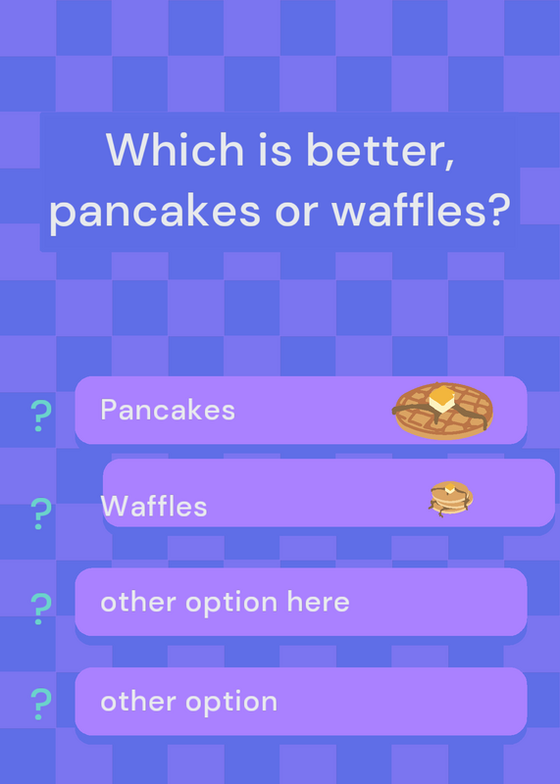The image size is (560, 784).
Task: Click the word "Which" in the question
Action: (x=175, y=149)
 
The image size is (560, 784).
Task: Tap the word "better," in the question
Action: (x=381, y=151)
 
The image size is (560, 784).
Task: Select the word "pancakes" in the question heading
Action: (x=155, y=211)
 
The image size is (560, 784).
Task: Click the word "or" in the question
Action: (x=296, y=213)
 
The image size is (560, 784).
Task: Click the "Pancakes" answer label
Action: (x=168, y=410)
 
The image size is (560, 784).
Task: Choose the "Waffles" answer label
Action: (x=154, y=506)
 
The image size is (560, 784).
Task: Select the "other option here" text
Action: (x=225, y=602)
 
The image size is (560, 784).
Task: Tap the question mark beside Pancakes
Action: (x=41, y=416)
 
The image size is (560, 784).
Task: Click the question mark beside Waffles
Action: (x=41, y=513)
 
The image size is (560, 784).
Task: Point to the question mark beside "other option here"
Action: (x=41, y=609)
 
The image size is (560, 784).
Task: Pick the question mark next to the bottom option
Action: (x=41, y=704)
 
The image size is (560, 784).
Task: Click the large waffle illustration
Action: (x=442, y=411)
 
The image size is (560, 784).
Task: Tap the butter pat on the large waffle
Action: (x=441, y=399)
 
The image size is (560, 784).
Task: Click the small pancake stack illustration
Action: (x=450, y=499)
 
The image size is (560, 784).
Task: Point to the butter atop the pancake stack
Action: (x=450, y=488)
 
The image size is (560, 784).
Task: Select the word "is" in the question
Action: (x=275, y=150)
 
